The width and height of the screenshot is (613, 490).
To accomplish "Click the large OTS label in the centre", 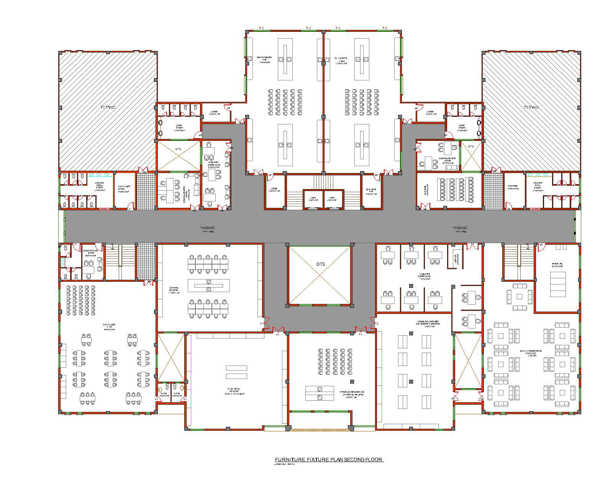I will [320, 265].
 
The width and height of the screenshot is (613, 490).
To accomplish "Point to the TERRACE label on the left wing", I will [108, 107].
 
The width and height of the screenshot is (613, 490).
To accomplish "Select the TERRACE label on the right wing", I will [531, 107].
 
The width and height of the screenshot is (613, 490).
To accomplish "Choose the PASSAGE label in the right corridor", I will [460, 229].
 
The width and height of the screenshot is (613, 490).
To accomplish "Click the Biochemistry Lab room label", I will [264, 59].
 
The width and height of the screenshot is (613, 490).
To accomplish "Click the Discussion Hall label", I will [109, 326].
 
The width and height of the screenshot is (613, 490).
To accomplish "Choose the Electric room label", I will [513, 186].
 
